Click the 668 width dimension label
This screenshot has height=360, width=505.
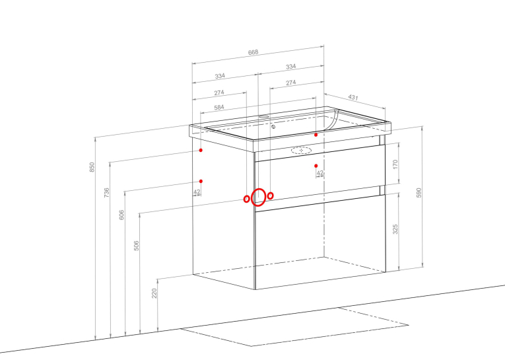click(253, 52)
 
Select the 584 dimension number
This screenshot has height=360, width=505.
click(219, 107)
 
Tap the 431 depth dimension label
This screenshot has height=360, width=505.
click(353, 97)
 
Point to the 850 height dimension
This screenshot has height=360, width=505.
click(92, 167)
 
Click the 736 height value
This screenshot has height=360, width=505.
click(106, 192)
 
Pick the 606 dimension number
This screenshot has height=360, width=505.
click(121, 215)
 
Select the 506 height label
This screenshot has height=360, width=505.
click(136, 246)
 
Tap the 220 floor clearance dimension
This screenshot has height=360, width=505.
click(154, 293)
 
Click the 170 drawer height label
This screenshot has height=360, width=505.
click(395, 164)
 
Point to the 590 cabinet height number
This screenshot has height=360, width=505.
click(419, 193)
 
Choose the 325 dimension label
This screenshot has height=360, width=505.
click(395, 229)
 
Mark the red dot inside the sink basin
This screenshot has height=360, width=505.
click(316, 135)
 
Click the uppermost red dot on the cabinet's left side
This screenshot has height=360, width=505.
click(201, 150)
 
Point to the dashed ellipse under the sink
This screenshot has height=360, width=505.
click(302, 147)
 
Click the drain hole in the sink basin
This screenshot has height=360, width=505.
click(273, 127)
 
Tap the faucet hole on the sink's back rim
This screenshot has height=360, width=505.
click(264, 116)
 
